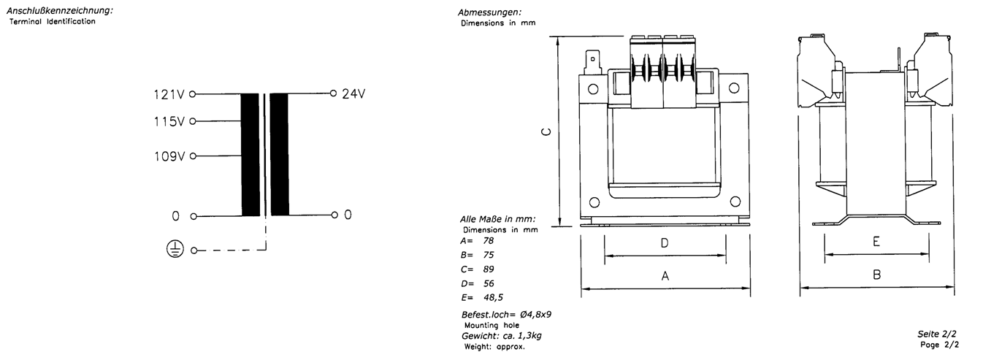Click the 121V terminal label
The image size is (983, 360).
(x=169, y=94)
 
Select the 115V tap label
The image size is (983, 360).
(x=169, y=122)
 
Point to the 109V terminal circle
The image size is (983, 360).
(x=192, y=156)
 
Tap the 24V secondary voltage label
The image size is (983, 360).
(x=353, y=94)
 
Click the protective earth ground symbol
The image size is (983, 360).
(x=175, y=249)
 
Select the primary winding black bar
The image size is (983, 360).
(x=250, y=155)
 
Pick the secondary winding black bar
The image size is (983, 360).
(x=280, y=155)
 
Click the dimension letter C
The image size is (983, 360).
(x=546, y=131)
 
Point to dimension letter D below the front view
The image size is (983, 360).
(x=665, y=242)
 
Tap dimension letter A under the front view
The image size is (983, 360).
(x=665, y=276)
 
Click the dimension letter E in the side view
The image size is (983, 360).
(x=876, y=242)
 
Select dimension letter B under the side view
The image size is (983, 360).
(x=877, y=275)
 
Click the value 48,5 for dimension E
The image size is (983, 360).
(x=493, y=298)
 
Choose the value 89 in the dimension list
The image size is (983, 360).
(x=489, y=269)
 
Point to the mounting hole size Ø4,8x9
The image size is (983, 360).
(x=535, y=314)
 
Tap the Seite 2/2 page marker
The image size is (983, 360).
(x=937, y=334)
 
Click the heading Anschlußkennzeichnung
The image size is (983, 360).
(x=60, y=10)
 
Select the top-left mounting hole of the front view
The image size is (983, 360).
(x=593, y=89)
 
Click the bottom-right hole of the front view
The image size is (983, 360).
(x=735, y=202)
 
